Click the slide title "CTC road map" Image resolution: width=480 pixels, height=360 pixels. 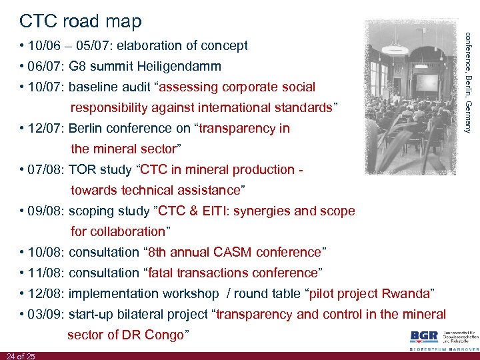pyautogui.click(x=81, y=21)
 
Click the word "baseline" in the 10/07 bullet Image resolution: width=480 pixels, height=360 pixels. pyautogui.click(x=92, y=87)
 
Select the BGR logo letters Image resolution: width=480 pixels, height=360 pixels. pyautogui.click(x=424, y=337)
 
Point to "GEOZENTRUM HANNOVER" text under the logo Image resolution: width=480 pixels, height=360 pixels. pyautogui.click(x=443, y=349)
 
